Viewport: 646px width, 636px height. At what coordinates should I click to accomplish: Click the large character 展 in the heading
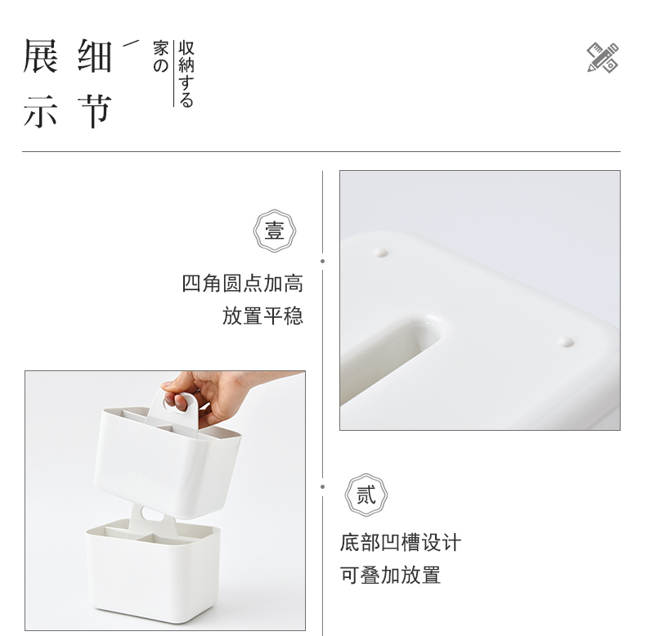40,56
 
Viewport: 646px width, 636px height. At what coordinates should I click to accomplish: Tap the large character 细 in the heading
95,56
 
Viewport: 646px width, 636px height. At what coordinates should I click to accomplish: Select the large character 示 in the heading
40,111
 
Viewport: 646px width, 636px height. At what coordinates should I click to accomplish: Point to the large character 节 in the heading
95,111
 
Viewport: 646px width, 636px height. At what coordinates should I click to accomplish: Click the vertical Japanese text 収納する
186,74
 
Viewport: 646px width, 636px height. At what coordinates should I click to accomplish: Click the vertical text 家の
160,56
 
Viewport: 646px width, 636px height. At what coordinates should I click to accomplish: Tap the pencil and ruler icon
603,58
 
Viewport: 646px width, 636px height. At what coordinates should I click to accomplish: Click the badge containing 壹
275,231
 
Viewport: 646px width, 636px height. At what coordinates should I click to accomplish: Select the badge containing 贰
366,495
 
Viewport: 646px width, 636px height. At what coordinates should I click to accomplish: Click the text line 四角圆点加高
243,284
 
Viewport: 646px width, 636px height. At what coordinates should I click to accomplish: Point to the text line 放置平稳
262,316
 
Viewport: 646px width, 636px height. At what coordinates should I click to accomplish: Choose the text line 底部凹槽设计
401,542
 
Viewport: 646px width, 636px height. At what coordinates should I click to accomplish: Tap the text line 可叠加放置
390,575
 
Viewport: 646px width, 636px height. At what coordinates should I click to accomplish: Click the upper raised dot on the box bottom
380,252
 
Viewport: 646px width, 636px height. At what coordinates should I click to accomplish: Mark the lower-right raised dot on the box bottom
566,342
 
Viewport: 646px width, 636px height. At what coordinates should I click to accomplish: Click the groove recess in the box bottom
388,354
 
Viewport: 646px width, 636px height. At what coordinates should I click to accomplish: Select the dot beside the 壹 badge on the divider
322,261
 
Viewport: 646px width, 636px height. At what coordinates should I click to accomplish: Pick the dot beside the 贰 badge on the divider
322,487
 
